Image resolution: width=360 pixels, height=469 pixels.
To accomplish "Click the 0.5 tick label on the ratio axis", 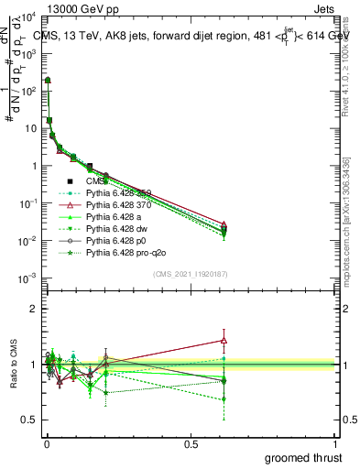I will tap(30, 420).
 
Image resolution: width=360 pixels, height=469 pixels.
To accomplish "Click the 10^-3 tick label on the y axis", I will tap(27, 278).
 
